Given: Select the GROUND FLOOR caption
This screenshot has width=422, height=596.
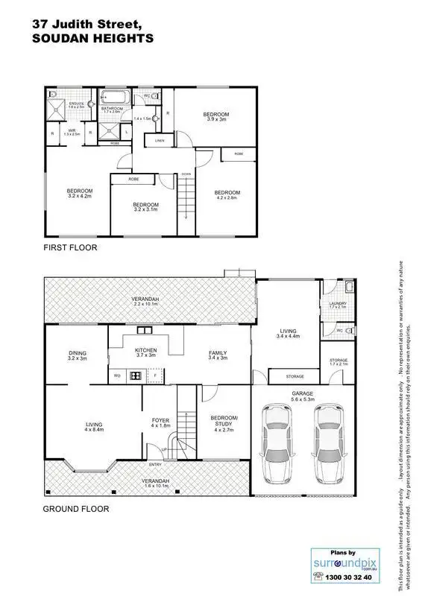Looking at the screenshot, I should pos(75,510).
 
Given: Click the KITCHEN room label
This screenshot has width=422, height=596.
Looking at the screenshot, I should pos(145,352).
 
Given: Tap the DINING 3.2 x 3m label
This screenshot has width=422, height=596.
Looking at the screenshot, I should pos(78,355).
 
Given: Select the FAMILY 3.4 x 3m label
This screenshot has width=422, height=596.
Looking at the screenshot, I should pos(217,355).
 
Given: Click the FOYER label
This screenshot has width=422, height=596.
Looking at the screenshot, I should pos(160,423).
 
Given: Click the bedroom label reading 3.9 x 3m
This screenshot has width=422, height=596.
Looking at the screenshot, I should pos(215,116).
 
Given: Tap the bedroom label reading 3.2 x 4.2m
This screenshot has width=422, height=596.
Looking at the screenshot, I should pos(79,192).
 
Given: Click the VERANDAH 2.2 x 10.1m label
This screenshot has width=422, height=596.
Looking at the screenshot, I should pos(148,302).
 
